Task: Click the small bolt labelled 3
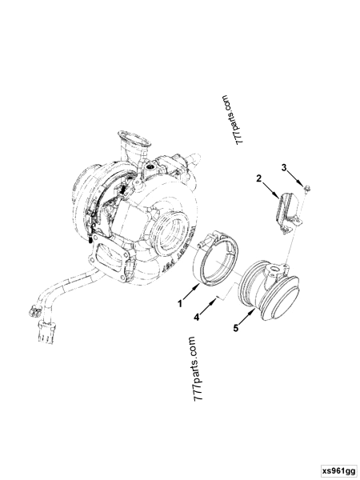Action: pyautogui.click(x=308, y=190)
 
